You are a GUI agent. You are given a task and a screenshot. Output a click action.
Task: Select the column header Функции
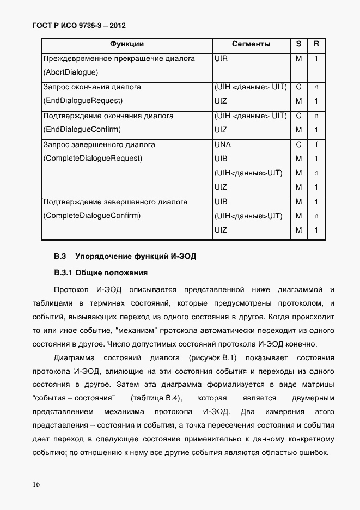point(127,44)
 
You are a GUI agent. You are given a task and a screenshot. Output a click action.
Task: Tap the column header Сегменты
point(251,44)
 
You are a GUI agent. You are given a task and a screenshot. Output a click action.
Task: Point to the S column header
point(298,44)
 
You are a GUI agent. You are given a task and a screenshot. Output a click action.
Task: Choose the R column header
point(316,44)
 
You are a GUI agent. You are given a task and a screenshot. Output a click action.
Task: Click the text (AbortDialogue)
point(70,72)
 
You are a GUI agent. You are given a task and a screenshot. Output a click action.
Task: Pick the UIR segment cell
point(222,58)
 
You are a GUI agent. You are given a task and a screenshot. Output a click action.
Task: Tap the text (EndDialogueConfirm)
point(82,130)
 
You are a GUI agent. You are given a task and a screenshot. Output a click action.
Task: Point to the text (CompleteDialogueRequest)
point(92,159)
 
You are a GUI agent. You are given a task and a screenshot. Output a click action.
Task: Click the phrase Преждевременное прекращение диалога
point(119,58)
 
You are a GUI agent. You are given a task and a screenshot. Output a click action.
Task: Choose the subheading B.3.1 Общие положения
point(101,272)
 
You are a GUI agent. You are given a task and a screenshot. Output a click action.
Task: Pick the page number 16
point(36,484)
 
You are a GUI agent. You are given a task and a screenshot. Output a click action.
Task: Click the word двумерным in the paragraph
point(313,398)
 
